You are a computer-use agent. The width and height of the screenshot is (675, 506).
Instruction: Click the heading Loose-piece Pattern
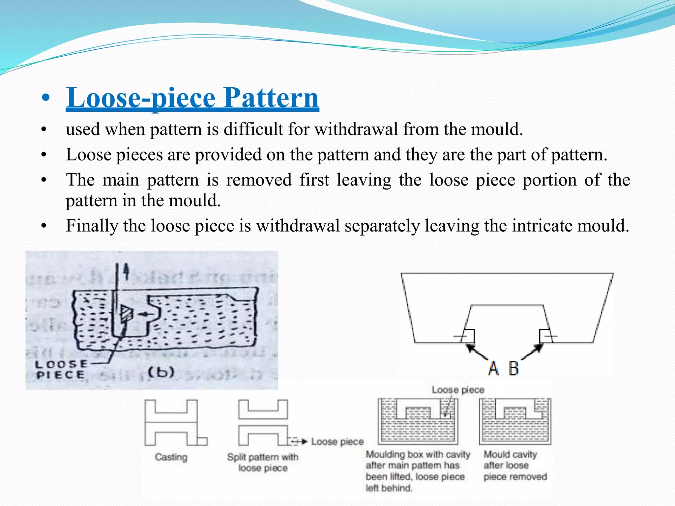(192, 98)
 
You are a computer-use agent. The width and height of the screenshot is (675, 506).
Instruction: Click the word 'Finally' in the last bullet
(92, 226)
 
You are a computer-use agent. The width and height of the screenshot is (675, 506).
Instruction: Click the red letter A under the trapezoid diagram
(493, 368)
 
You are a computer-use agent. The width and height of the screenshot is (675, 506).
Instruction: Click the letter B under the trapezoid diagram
(514, 368)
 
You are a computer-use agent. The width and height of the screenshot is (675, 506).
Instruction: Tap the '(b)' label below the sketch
(161, 372)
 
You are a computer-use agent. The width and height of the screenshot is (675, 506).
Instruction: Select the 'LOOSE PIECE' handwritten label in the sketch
(61, 370)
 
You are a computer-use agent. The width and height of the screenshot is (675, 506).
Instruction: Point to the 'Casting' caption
(171, 457)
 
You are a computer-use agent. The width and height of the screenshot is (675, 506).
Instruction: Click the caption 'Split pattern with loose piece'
(263, 463)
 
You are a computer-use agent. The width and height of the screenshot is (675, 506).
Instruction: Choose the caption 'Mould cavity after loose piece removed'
(515, 465)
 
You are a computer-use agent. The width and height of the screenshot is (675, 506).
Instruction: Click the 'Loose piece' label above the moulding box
(458, 390)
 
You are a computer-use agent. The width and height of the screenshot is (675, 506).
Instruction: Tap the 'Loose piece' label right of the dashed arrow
(337, 442)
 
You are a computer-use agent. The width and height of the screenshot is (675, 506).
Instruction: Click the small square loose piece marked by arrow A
(468, 336)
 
